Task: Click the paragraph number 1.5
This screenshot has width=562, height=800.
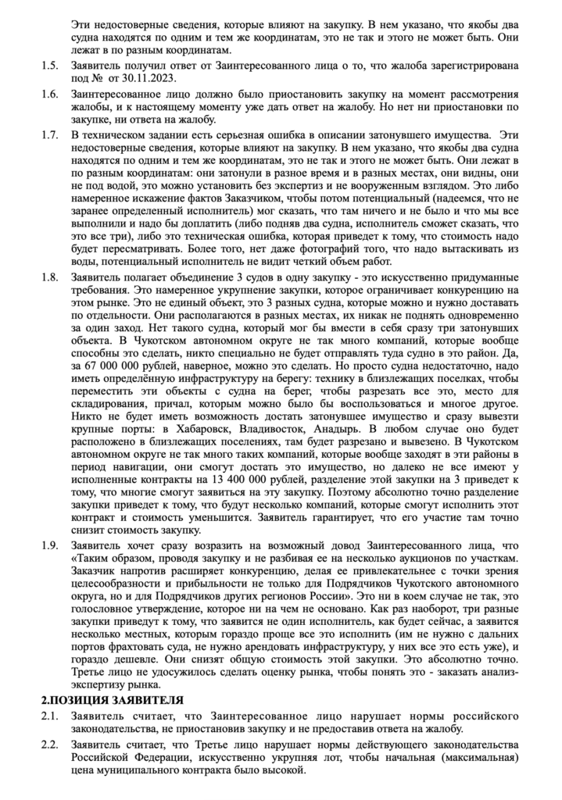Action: [49, 63]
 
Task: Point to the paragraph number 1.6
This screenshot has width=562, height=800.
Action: [49, 94]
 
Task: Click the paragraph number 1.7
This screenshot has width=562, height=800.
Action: [49, 137]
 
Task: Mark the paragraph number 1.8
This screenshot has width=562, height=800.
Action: [49, 277]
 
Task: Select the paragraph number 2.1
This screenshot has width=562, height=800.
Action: [49, 715]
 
